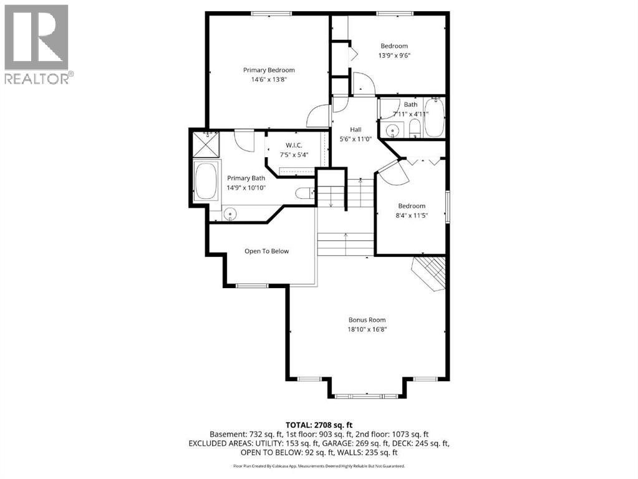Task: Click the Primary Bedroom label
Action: (x=269, y=70)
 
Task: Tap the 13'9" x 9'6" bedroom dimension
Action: (x=394, y=56)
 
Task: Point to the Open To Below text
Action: (x=266, y=251)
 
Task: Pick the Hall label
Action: (x=355, y=129)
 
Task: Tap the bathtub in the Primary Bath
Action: (x=206, y=180)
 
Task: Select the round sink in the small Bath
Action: (x=392, y=130)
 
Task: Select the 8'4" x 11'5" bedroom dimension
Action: (x=412, y=216)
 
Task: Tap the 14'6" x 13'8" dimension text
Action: (x=269, y=79)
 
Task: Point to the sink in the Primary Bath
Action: (x=230, y=214)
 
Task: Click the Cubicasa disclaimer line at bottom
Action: (x=319, y=466)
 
